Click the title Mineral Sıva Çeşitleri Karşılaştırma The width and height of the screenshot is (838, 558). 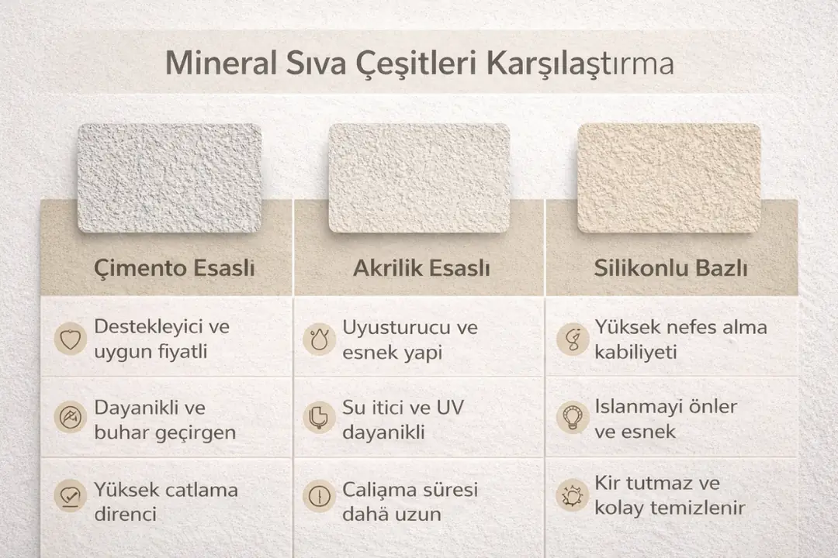pyautogui.click(x=419, y=64)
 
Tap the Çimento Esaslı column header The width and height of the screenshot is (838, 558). pyautogui.click(x=175, y=269)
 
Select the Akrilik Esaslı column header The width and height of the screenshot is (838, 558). pyautogui.click(x=421, y=269)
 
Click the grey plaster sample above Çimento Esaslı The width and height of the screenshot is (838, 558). pyautogui.click(x=170, y=177)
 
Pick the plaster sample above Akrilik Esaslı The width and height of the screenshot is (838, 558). pyautogui.click(x=419, y=177)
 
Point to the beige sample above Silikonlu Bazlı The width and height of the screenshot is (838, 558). pyautogui.click(x=668, y=177)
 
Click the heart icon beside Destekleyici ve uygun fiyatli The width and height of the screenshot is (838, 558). pyautogui.click(x=71, y=339)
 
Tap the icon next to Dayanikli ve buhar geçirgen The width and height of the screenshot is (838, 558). pyautogui.click(x=71, y=418)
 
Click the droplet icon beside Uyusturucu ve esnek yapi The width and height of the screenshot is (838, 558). pyautogui.click(x=318, y=339)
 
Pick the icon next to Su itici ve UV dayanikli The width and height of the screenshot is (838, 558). pyautogui.click(x=318, y=418)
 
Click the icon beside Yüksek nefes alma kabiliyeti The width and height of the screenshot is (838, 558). pyautogui.click(x=572, y=339)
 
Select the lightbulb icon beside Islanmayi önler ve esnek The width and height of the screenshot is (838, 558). pyautogui.click(x=572, y=418)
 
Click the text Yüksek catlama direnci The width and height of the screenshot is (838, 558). pyautogui.click(x=166, y=501)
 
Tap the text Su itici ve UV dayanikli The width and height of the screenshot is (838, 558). pyautogui.click(x=403, y=419)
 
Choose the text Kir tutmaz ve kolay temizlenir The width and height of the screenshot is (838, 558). pyautogui.click(x=670, y=496)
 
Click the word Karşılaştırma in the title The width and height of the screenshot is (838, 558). pyautogui.click(x=580, y=64)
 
